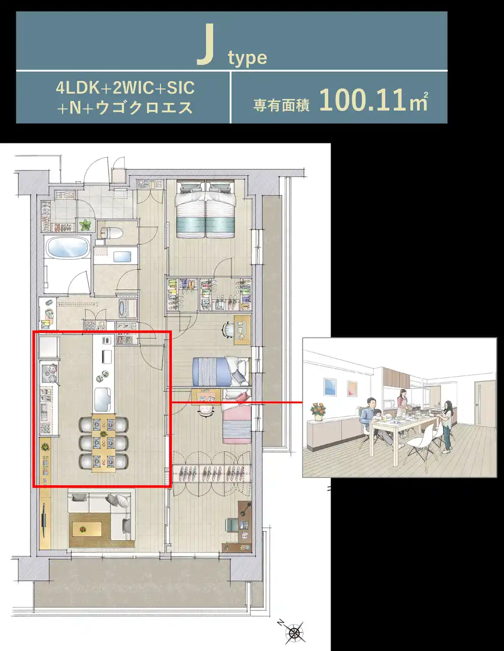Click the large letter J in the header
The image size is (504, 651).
205,44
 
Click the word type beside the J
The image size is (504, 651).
247,58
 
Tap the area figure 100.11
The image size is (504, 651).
365,100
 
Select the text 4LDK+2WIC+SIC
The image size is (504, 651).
125,87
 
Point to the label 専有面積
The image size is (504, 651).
281,105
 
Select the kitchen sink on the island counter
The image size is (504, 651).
102,399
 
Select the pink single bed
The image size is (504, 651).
236,416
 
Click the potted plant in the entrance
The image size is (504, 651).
85,225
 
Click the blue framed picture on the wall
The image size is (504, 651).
330,387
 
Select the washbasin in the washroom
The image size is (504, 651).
122,257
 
